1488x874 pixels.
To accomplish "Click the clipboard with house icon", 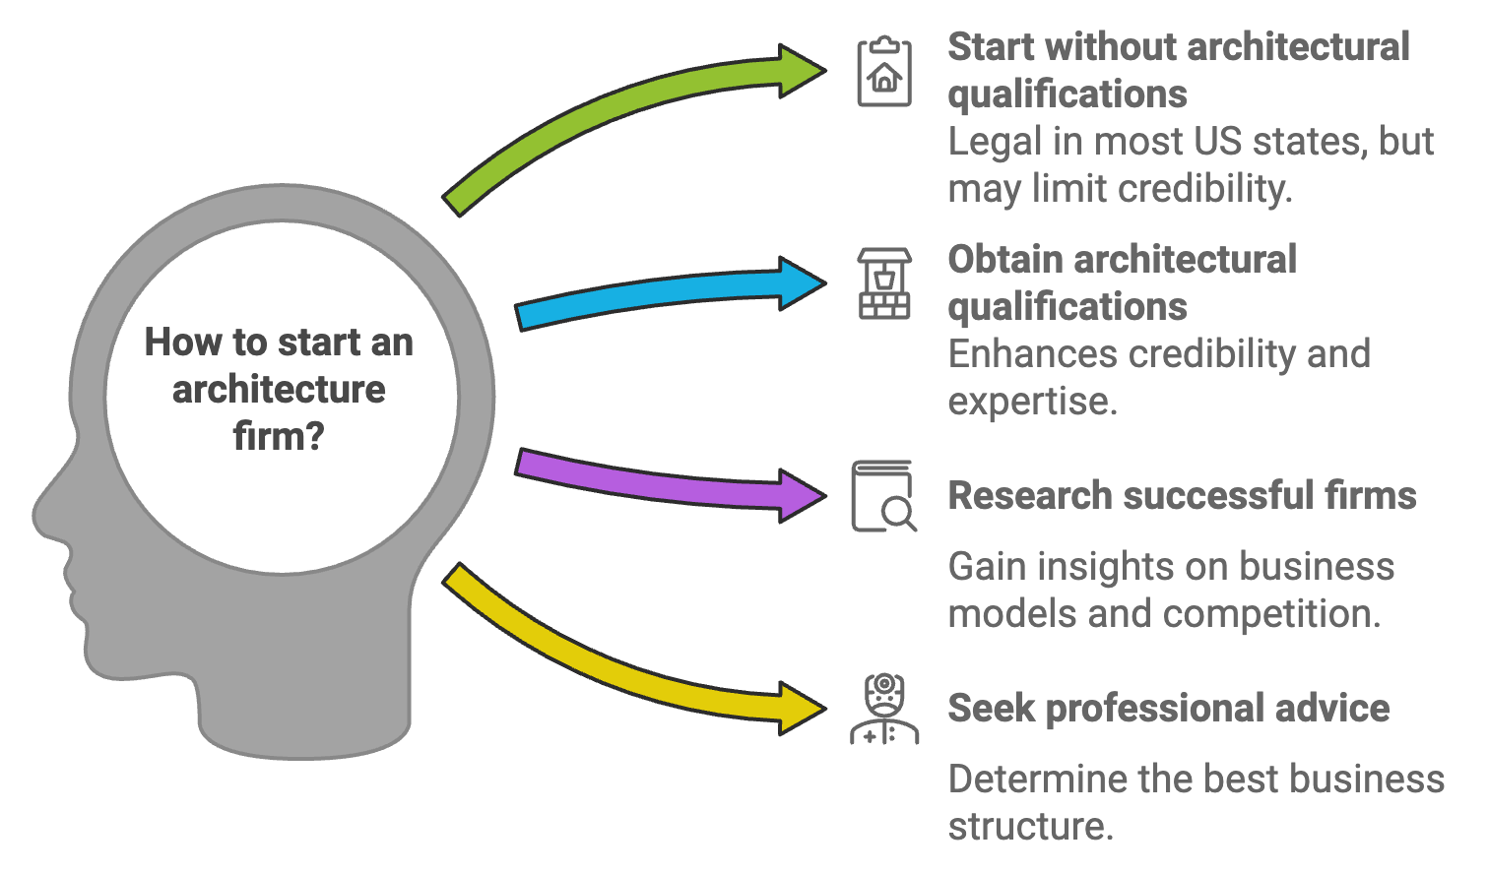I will pos(883,72).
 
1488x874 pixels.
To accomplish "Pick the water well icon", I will pos(883,283).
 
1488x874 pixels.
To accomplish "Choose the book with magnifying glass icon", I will pos(883,496).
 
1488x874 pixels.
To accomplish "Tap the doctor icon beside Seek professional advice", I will pos(883,709).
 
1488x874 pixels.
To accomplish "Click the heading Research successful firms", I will pos(1181,496).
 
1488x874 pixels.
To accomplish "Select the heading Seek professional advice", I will pos(1168,709).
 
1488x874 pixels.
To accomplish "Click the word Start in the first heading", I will pos(992,47).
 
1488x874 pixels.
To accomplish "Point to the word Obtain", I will pos(1005,260).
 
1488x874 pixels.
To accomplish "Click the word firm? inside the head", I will pos(279,436).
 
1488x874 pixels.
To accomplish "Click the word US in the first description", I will pos(1221,142).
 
